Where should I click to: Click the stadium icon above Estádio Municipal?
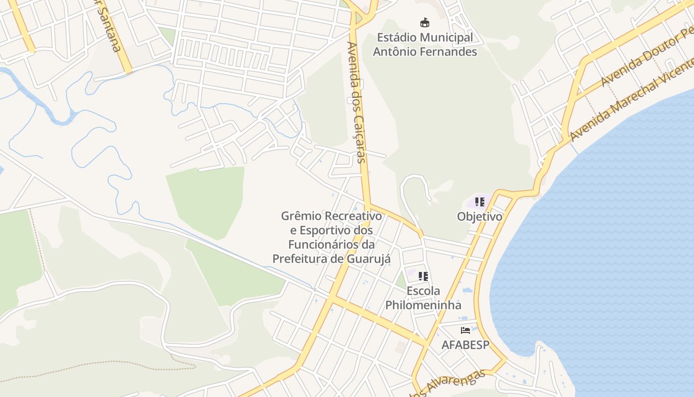pyautogui.click(x=425, y=22)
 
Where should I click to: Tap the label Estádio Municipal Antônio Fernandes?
pyautogui.click(x=425, y=45)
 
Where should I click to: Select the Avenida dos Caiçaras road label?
pyautogui.click(x=357, y=102)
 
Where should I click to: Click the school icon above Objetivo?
pyautogui.click(x=479, y=202)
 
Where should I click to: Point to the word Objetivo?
pyautogui.click(x=479, y=217)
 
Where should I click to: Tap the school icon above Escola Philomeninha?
pyautogui.click(x=423, y=276)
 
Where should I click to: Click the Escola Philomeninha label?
pyautogui.click(x=423, y=298)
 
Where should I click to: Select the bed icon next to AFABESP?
pyautogui.click(x=465, y=331)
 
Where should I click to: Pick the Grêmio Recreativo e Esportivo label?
pyautogui.click(x=332, y=223)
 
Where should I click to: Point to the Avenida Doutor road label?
pyautogui.click(x=644, y=60)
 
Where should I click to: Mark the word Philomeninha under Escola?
pyautogui.click(x=423, y=305)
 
